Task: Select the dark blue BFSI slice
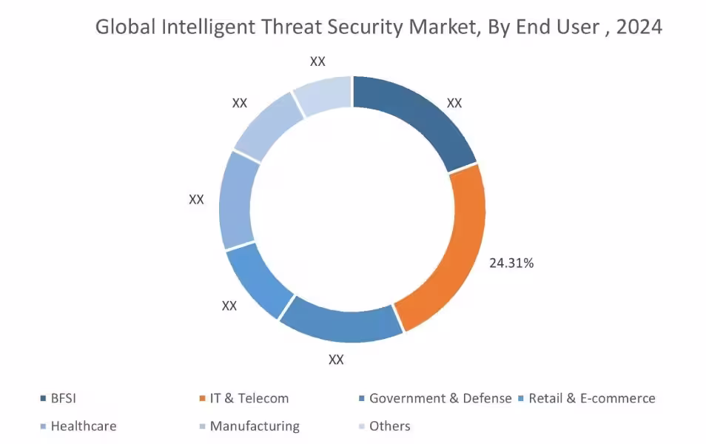pos(422,118)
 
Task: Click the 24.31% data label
pos(511,263)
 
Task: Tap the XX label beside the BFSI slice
pos(454,104)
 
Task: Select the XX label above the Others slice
pos(317,61)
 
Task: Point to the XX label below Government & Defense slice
pos(336,360)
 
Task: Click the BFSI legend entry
pos(63,399)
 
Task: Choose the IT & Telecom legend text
pos(249,399)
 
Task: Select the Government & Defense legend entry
pos(440,399)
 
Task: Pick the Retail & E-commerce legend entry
pos(591,399)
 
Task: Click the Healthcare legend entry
pos(83,426)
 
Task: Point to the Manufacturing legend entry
pos(255,426)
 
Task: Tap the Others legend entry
pos(389,426)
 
